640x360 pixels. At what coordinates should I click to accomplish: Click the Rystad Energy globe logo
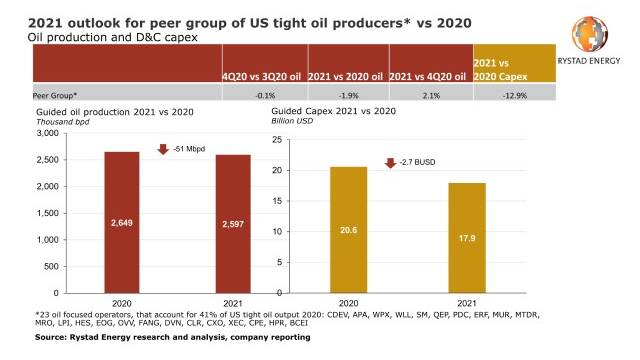[590, 33]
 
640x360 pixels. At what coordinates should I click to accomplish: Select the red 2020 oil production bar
[122, 222]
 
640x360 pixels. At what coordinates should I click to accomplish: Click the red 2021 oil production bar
[233, 224]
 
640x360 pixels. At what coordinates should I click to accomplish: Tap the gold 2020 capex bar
[349, 230]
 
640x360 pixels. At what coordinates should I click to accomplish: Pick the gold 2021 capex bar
[467, 238]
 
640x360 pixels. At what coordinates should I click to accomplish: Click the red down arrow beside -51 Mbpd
[163, 149]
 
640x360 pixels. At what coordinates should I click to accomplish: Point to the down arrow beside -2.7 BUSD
[391, 163]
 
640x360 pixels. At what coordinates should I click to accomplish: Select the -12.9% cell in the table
[515, 96]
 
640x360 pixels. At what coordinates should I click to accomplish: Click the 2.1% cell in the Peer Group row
[431, 96]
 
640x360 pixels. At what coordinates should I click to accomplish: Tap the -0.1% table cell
[265, 96]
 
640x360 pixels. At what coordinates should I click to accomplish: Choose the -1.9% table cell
[349, 96]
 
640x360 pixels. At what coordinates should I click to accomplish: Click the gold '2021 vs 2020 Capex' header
[500, 70]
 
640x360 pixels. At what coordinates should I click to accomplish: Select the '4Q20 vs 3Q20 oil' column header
[262, 76]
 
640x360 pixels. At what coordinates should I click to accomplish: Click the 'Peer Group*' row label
[55, 96]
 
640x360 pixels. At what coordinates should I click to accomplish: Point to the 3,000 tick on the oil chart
[48, 133]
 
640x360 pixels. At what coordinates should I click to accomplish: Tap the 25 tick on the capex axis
[277, 140]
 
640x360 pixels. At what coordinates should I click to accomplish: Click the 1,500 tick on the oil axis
[48, 213]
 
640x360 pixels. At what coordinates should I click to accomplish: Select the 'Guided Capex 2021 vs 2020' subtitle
[333, 111]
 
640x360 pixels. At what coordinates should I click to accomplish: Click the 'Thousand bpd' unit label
[63, 122]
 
